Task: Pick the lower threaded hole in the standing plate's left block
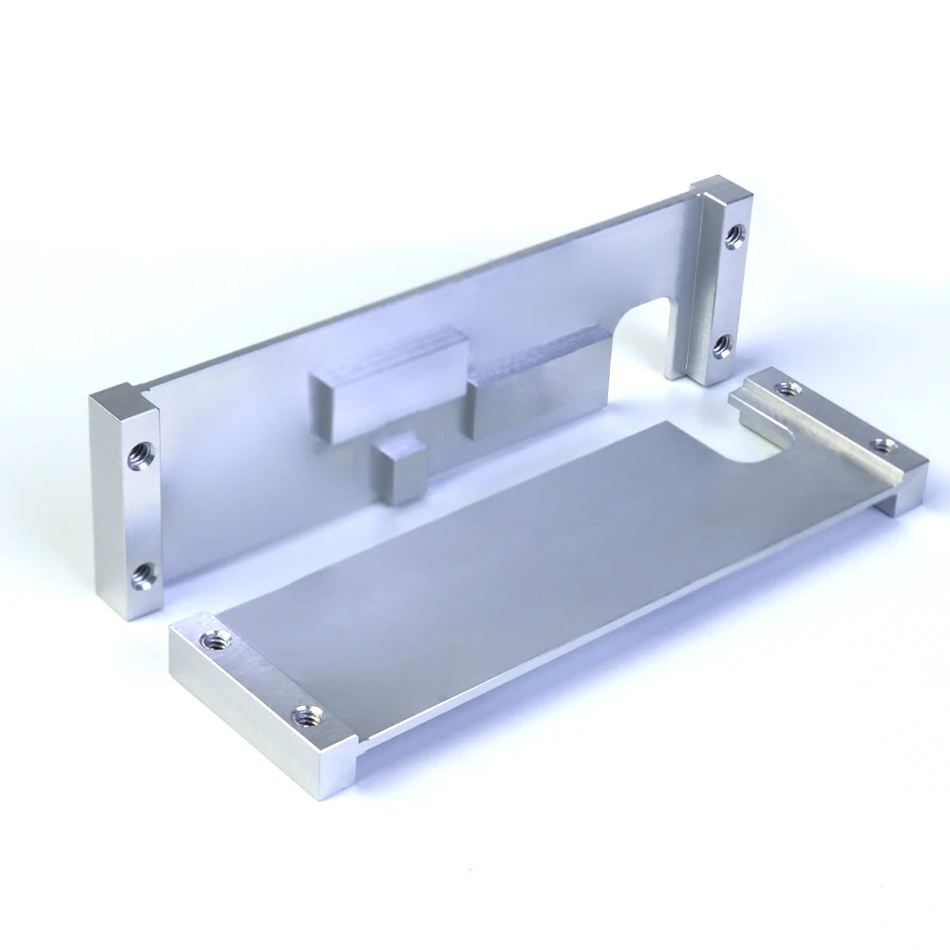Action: point(143,573)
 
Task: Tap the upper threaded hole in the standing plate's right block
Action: point(734,236)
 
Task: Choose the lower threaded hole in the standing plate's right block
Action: point(722,345)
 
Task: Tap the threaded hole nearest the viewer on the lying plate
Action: point(306,714)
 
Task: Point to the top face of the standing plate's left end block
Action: point(123,397)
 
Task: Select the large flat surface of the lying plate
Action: point(532,560)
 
